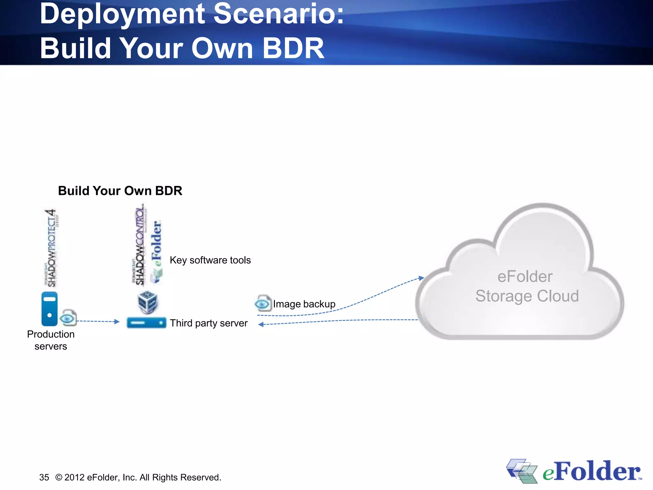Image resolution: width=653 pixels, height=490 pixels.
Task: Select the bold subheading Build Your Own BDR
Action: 120,191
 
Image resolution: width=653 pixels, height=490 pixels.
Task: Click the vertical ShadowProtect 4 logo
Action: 51,248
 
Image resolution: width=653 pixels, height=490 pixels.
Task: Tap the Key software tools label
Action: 210,260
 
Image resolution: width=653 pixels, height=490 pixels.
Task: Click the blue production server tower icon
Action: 49,308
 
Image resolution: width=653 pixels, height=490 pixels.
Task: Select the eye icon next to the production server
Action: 68,318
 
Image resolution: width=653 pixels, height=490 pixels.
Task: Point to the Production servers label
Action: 51,340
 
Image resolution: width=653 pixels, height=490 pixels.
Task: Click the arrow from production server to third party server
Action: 98,321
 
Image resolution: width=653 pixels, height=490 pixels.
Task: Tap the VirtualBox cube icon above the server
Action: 147,301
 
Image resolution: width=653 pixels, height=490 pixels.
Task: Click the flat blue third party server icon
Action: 146,323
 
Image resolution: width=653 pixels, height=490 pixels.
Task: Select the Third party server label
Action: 209,323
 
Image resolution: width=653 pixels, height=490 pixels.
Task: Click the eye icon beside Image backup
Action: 263,303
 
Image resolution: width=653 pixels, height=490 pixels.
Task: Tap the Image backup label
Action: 304,304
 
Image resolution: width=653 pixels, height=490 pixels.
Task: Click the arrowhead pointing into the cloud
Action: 422,278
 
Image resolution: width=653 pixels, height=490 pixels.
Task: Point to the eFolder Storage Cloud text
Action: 526,286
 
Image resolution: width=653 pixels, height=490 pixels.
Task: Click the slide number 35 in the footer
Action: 44,477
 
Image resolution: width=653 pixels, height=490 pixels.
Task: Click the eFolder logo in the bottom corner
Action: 574,471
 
